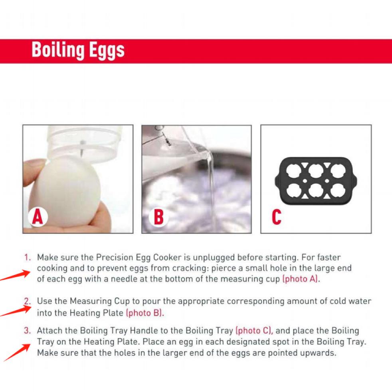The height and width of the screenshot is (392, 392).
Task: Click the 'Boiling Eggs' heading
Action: (x=78, y=50)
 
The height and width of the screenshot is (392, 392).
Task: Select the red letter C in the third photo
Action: (x=276, y=217)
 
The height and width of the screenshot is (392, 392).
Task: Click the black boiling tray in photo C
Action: (x=316, y=179)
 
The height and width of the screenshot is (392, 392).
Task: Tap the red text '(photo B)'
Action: (x=145, y=313)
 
